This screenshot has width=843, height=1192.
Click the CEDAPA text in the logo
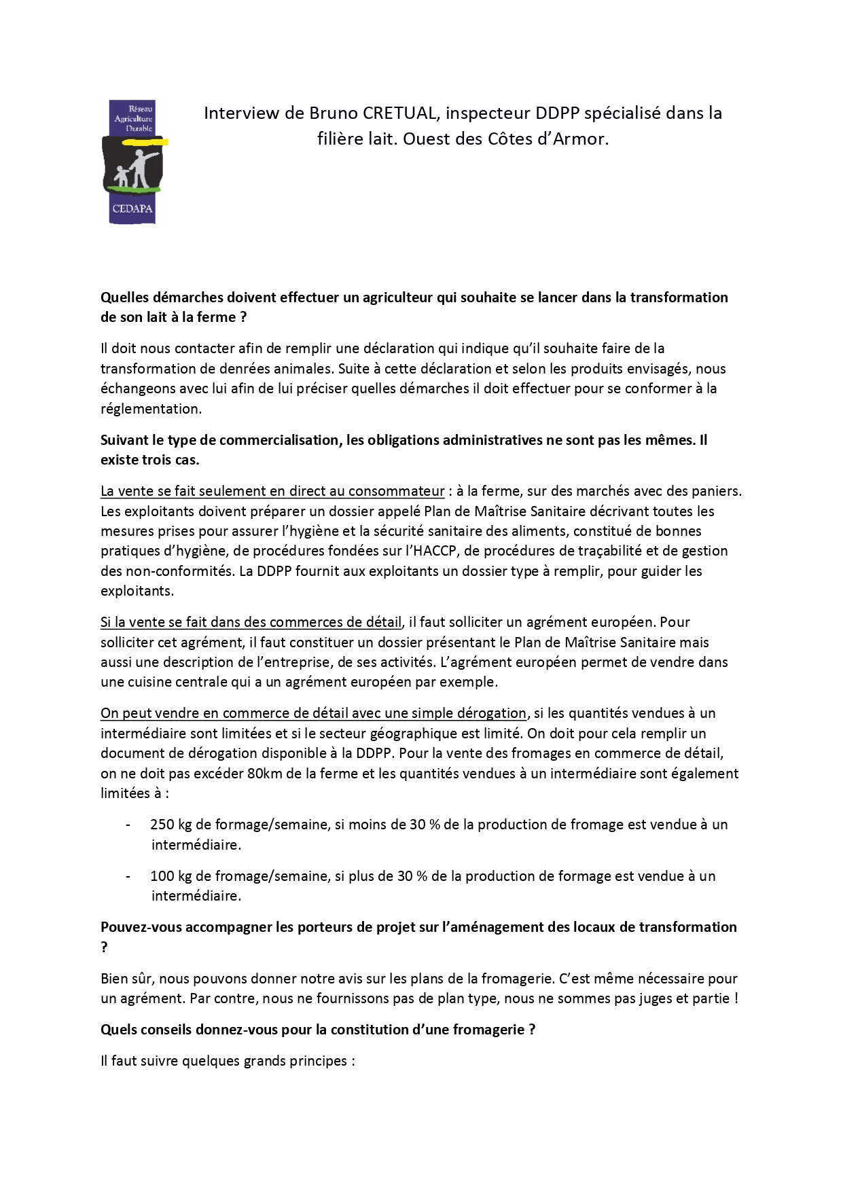click(132, 210)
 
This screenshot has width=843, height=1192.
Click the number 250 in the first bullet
click(162, 825)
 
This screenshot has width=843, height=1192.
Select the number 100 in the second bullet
click(162, 875)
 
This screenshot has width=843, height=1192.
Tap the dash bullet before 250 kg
click(128, 825)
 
